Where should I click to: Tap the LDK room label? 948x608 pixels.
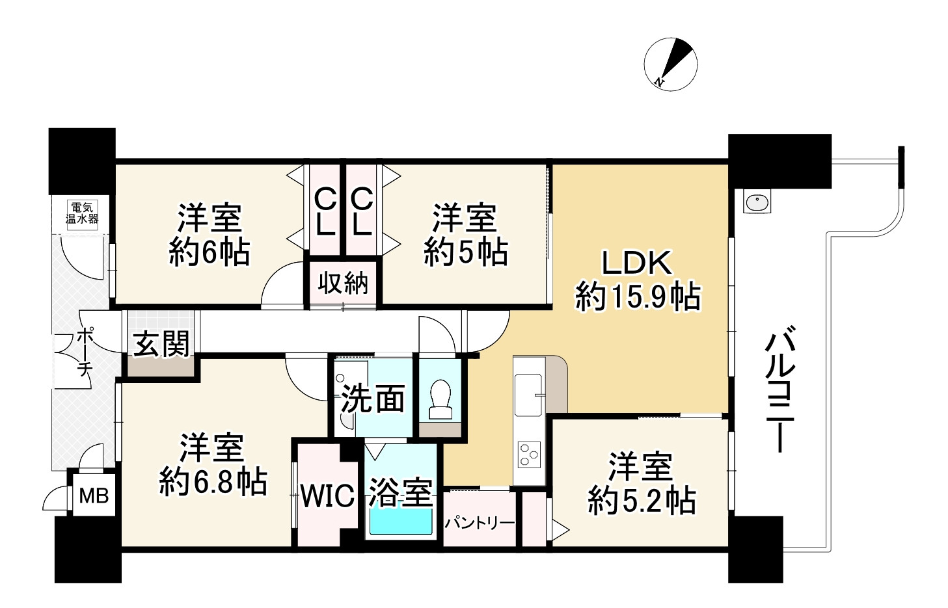point(636,263)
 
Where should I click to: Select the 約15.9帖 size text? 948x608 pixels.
point(638,298)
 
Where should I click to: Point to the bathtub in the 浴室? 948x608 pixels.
point(401,521)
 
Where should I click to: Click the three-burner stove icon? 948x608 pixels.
point(528,453)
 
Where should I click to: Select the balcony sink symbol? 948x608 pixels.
point(757,203)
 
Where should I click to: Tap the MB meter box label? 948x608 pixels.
point(94,497)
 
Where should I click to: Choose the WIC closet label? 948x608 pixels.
point(327,497)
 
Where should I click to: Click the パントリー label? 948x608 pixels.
point(480,523)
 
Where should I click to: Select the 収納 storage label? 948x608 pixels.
point(343,283)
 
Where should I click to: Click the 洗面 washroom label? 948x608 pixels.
point(373,399)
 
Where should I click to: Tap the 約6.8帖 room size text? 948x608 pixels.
point(213,482)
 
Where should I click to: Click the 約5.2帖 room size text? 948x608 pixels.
point(642,501)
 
